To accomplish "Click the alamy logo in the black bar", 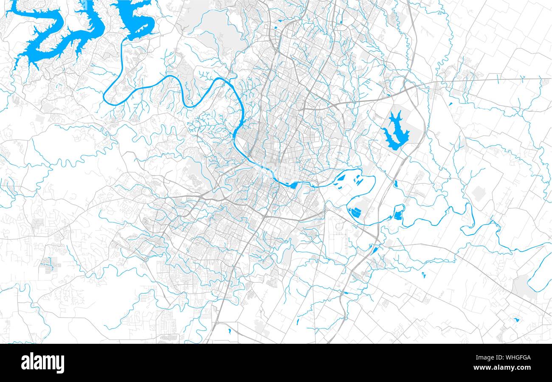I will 42,363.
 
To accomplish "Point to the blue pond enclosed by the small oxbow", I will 398,214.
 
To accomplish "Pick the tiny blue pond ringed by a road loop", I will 516,319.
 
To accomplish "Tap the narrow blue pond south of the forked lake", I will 396,184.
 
